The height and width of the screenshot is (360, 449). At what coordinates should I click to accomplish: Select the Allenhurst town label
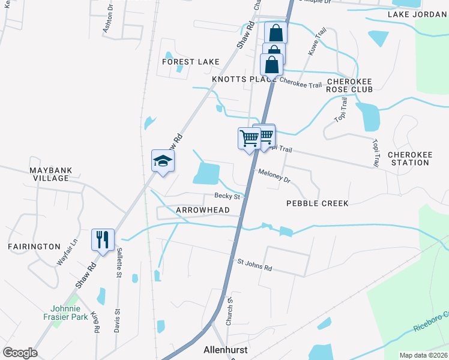[x=226, y=350]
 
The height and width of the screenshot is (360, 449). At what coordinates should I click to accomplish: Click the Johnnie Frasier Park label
[x=65, y=312]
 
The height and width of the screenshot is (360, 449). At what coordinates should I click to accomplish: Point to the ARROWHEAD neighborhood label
[x=203, y=210]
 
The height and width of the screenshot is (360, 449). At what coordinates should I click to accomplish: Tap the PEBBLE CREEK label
[x=317, y=203]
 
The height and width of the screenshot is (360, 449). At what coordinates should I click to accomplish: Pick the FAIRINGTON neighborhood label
[x=34, y=247]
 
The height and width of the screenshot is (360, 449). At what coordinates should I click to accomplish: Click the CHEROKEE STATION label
[x=410, y=158]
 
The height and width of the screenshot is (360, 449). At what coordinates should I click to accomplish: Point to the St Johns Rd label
[x=255, y=265]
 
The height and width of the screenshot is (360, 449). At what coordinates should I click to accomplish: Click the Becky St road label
[x=228, y=196]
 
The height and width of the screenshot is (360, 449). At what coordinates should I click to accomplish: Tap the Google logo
[x=20, y=353]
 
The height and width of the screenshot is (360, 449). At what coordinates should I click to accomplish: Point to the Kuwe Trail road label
[x=316, y=42]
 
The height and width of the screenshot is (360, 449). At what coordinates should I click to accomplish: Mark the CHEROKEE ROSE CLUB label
[x=349, y=85]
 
